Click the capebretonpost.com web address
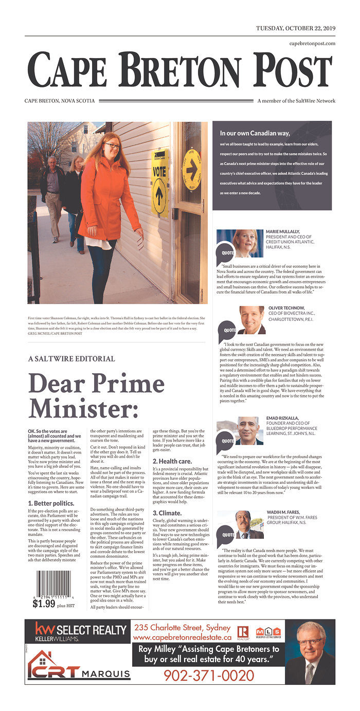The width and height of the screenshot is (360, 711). point(312,43)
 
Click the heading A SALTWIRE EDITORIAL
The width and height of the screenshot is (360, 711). point(71,359)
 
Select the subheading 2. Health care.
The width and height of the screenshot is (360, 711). point(172,461)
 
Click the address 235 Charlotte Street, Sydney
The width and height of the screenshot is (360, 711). point(182,628)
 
